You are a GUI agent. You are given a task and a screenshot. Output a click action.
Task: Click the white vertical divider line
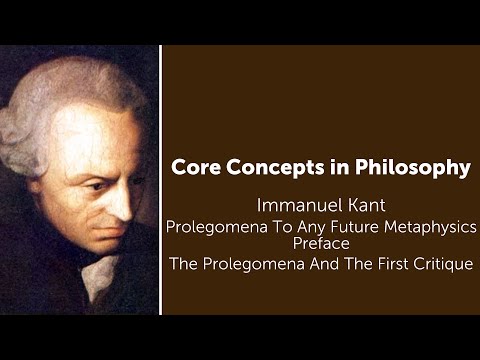click(160, 180)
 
